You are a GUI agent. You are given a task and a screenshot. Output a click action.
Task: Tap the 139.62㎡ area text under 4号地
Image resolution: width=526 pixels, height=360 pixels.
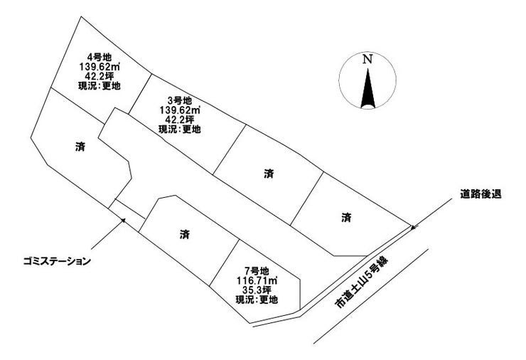99,67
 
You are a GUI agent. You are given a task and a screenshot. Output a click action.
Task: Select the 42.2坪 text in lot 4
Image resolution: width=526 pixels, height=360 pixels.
99,76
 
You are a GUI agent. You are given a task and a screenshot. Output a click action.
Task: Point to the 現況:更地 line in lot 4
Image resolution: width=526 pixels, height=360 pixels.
99,85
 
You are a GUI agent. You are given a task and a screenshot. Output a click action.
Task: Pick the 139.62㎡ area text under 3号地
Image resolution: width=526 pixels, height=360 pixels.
179,110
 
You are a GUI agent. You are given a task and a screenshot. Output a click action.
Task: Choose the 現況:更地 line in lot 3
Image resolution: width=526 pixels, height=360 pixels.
179,129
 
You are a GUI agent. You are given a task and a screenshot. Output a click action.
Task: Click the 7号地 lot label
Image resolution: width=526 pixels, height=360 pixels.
256,271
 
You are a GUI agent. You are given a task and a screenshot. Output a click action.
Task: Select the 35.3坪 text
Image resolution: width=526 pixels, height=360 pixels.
256,290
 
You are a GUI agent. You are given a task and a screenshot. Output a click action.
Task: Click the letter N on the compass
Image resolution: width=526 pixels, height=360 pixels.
367,60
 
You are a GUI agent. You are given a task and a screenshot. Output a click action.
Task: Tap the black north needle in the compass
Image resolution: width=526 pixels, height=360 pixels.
367,89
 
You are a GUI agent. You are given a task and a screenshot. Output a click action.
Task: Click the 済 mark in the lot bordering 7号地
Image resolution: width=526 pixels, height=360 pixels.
185,233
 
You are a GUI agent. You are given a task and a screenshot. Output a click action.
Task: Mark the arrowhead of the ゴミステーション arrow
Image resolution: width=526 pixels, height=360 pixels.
124,219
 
